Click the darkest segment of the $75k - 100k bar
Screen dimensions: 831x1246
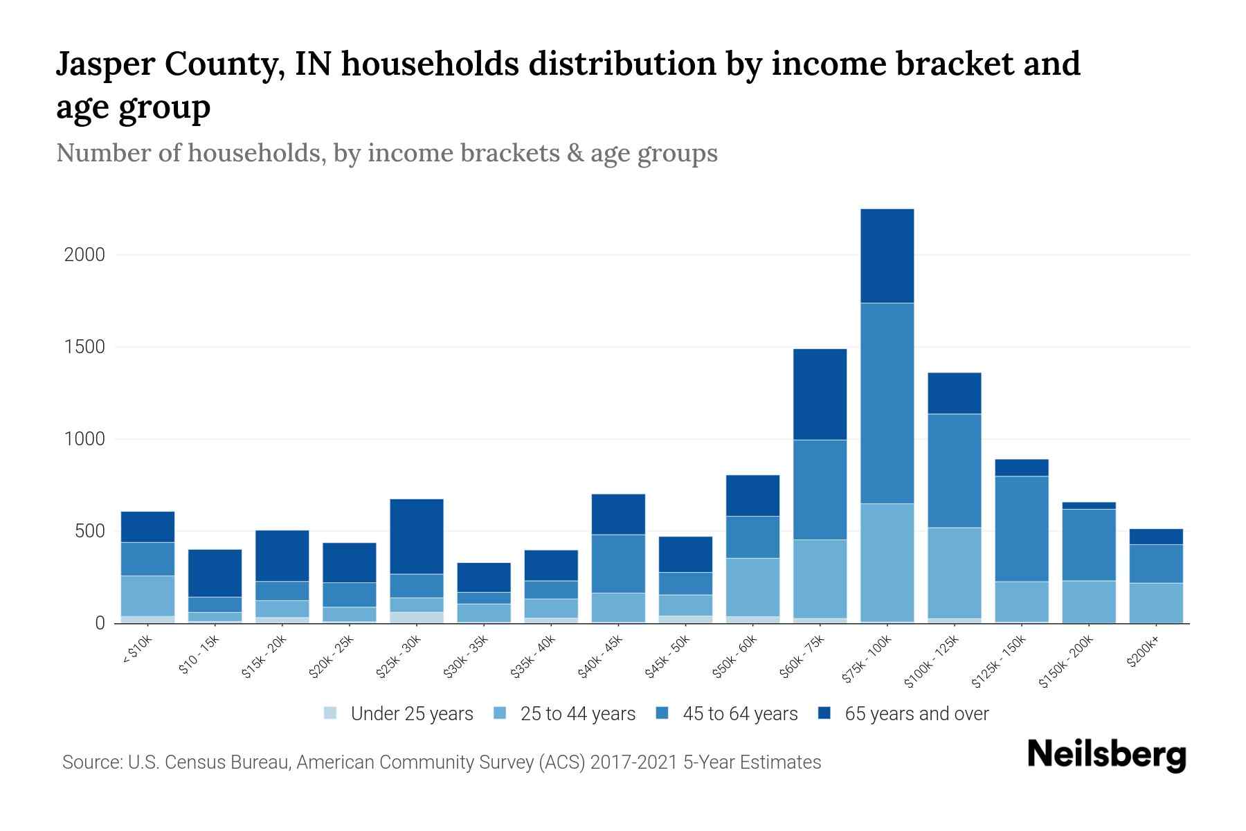[x=887, y=256]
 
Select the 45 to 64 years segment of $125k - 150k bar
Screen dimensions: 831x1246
[x=1021, y=528]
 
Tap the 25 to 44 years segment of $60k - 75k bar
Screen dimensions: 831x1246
[x=820, y=579]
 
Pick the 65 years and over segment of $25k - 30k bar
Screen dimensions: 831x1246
[x=417, y=536]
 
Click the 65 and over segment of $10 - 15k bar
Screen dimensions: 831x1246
[x=215, y=573]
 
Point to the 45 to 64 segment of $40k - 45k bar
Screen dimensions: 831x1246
[x=618, y=563]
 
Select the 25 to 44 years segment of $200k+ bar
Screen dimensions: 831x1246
[x=1155, y=602]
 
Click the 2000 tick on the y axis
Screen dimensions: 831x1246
[x=84, y=255]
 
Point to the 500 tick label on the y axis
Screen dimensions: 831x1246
[x=90, y=531]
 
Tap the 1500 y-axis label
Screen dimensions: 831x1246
[x=84, y=347]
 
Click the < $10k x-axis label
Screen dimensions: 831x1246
[x=137, y=651]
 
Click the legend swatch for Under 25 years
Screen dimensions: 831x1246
[x=331, y=713]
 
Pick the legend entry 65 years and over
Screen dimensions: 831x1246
[x=917, y=713]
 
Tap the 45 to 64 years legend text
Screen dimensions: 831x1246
[x=740, y=713]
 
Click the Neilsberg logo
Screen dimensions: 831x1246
[x=1107, y=754]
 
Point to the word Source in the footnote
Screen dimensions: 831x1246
[x=90, y=762]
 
